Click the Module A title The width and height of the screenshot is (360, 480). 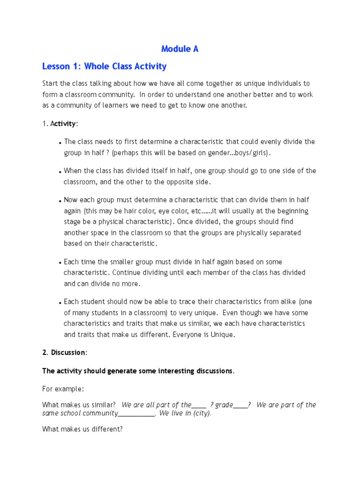click(180, 49)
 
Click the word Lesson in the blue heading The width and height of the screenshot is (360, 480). click(55, 67)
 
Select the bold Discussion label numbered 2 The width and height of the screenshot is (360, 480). click(68, 352)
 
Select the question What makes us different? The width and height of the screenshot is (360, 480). click(82, 429)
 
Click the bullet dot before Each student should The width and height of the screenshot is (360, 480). click(61, 303)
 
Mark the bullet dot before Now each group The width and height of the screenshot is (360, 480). click(61, 201)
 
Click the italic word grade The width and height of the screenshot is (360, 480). click(224, 405)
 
